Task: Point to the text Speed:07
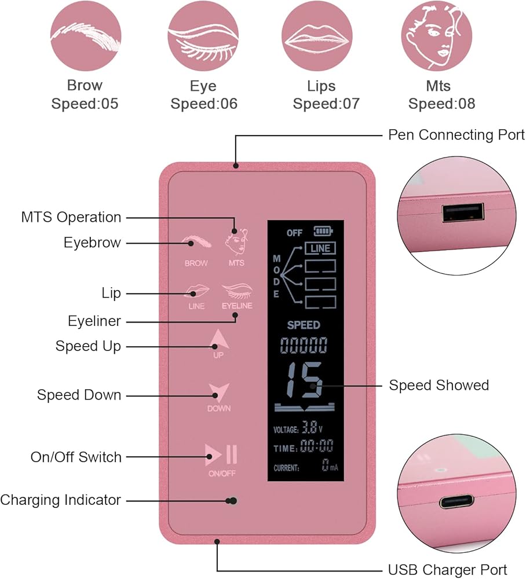coord(326,104)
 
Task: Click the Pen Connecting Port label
coord(456,135)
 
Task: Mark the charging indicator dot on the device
coord(233,500)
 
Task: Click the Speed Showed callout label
coord(439,385)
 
